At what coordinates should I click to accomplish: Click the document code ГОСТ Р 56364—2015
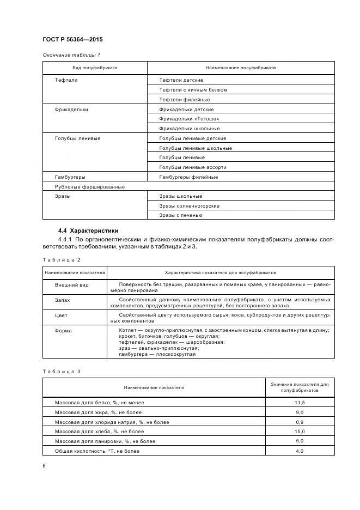72,40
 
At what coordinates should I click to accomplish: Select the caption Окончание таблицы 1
71,55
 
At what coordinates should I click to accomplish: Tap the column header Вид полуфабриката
95,68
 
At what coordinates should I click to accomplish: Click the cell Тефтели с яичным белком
193,90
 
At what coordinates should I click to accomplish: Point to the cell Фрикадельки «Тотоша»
189,119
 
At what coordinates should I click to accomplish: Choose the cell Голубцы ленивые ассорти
192,167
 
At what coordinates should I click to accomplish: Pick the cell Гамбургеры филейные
188,177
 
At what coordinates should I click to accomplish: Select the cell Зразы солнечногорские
189,206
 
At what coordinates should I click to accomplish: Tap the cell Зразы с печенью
181,215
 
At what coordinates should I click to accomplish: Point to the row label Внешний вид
71,285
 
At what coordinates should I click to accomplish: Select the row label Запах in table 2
63,300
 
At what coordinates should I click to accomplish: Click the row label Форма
63,330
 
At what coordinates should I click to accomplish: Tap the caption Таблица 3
62,372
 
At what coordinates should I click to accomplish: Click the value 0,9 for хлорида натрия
300,422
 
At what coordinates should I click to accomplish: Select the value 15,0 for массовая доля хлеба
300,432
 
